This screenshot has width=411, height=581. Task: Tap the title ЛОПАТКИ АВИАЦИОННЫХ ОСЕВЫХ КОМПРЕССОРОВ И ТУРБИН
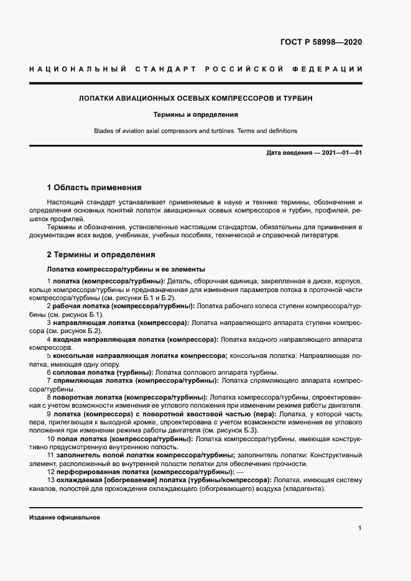tap(195, 98)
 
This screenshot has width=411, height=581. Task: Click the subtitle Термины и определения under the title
tap(195, 115)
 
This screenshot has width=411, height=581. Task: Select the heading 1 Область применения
tap(95, 187)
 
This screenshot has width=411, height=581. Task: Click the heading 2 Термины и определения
tap(101, 255)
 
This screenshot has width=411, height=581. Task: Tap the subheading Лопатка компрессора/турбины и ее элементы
tap(126, 270)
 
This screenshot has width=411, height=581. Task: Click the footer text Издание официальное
tap(65, 518)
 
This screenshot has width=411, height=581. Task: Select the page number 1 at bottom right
tap(360, 528)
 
